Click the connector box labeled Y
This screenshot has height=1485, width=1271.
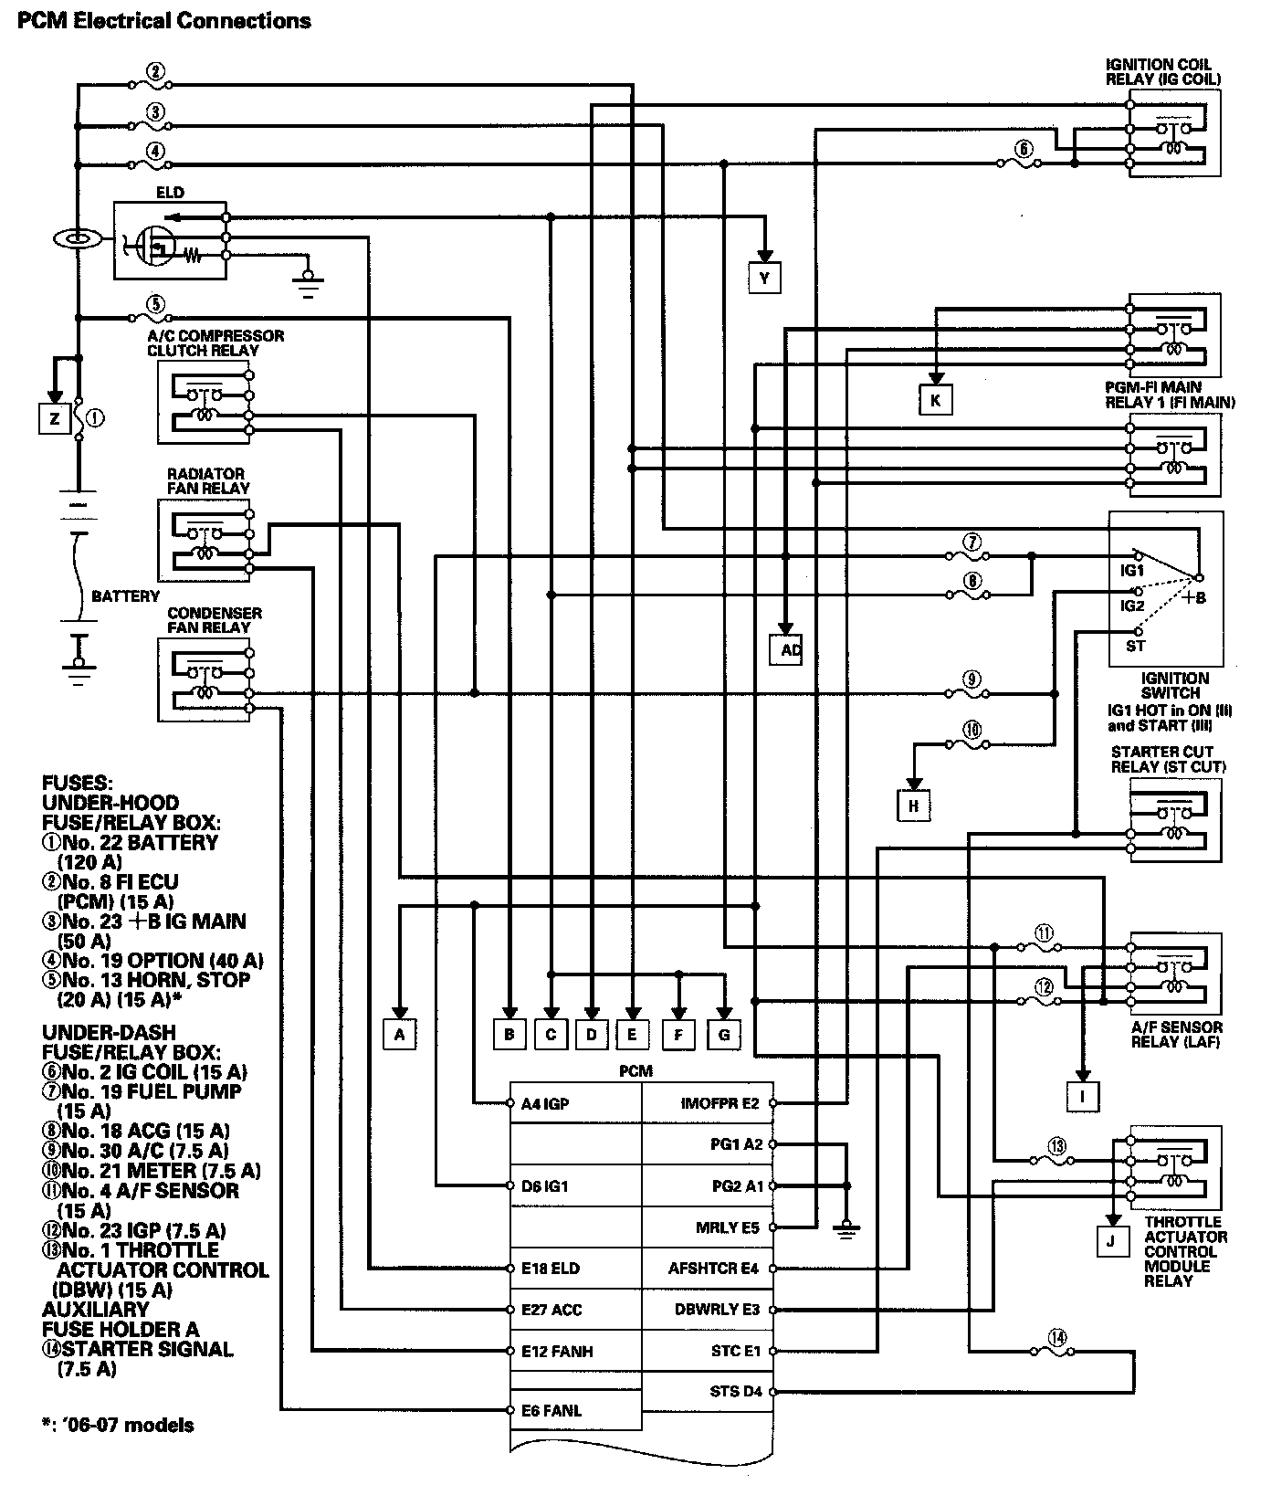(x=764, y=277)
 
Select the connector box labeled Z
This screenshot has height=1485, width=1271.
(x=55, y=418)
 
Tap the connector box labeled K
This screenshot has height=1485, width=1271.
(x=935, y=399)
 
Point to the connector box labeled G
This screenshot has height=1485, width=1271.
(x=724, y=1034)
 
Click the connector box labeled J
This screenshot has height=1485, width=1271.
(x=1111, y=1241)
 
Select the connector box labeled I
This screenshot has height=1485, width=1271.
(x=1083, y=1095)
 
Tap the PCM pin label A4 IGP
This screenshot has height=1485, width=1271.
(x=545, y=1103)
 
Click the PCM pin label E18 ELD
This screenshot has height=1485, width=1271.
(x=551, y=1268)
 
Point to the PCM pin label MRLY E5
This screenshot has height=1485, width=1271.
(x=727, y=1227)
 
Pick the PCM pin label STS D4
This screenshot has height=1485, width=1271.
(x=735, y=1392)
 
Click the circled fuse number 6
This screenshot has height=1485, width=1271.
(x=1023, y=149)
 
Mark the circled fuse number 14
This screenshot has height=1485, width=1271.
(x=1056, y=1338)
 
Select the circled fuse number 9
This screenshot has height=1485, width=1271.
(x=972, y=679)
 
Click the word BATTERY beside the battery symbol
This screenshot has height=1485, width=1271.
(x=125, y=596)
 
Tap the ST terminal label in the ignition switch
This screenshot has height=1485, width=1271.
(x=1135, y=646)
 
